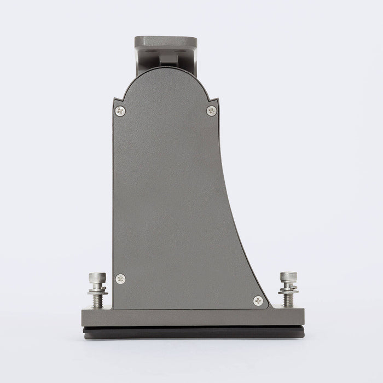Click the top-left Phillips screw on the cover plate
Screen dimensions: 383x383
(120, 111)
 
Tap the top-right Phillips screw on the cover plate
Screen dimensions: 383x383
(212, 111)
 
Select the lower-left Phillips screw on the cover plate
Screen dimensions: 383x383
(120, 278)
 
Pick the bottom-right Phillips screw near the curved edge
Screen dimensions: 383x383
(258, 300)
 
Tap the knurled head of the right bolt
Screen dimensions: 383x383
(288, 277)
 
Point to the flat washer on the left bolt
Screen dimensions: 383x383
(97, 292)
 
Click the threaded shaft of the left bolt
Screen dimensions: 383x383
(97, 301)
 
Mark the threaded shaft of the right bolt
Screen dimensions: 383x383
(288, 300)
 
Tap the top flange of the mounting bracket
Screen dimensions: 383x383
(165, 42)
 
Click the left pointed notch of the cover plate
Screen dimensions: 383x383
(115, 100)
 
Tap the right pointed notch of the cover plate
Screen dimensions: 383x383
(217, 100)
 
